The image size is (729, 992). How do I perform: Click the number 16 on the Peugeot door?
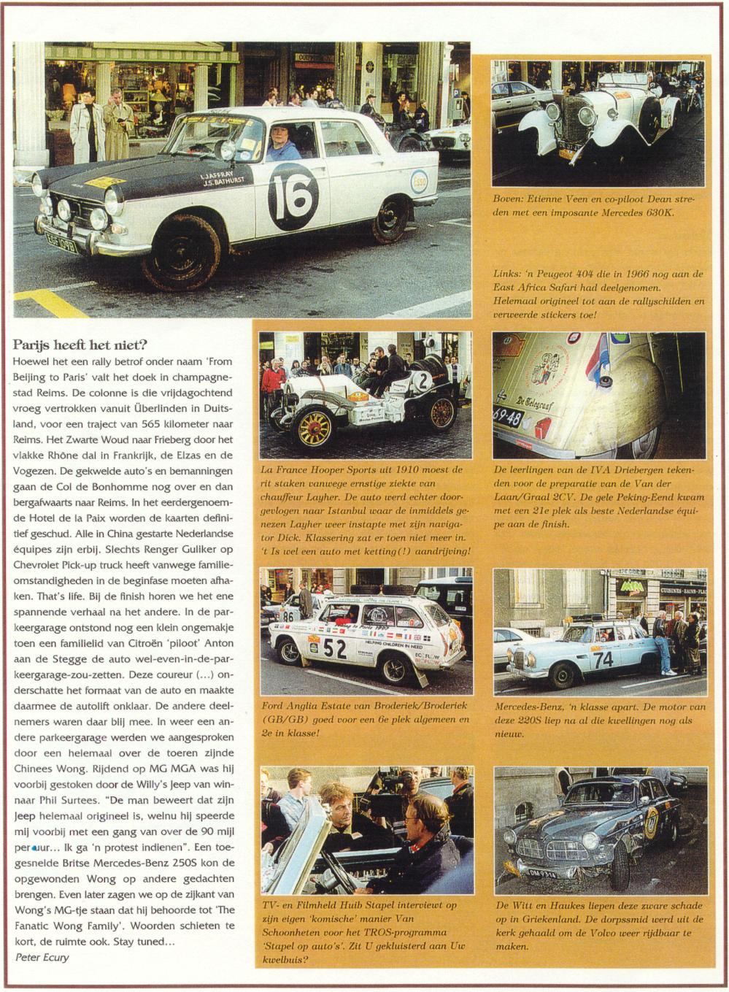pyautogui.click(x=293, y=196)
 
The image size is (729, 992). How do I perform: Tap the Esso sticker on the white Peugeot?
pyautogui.click(x=419, y=181)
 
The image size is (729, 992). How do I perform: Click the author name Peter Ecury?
pyautogui.click(x=42, y=957)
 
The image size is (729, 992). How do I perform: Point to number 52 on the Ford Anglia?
pyautogui.click(x=334, y=647)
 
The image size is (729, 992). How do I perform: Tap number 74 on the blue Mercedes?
pyautogui.click(x=603, y=659)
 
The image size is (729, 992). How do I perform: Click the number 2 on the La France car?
pyautogui.click(x=423, y=379)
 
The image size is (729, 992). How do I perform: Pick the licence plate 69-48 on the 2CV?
pyautogui.click(x=508, y=418)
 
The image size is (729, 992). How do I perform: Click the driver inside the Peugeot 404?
pyautogui.click(x=282, y=143)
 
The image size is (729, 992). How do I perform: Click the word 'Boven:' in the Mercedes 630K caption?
pyautogui.click(x=509, y=199)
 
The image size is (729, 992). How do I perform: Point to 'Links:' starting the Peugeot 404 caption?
pyautogui.click(x=507, y=274)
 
